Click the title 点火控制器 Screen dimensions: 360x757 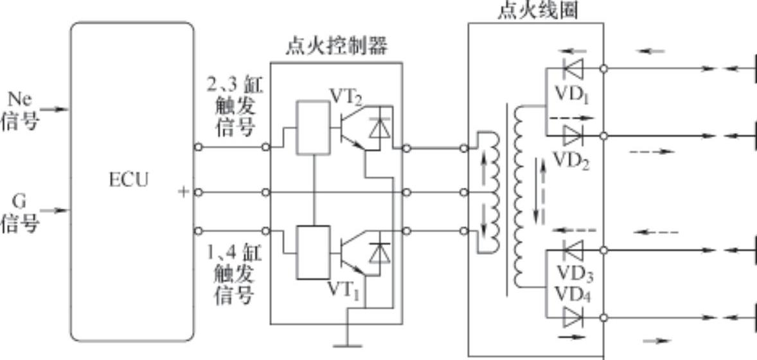[x=337, y=48]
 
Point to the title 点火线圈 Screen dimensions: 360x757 [x=537, y=11]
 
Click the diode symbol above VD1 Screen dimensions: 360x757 [x=572, y=67]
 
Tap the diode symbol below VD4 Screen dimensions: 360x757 [x=572, y=317]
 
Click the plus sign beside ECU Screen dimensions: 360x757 [x=183, y=192]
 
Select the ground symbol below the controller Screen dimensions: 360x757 [x=348, y=337]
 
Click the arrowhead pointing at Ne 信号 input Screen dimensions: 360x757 [x=62, y=109]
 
